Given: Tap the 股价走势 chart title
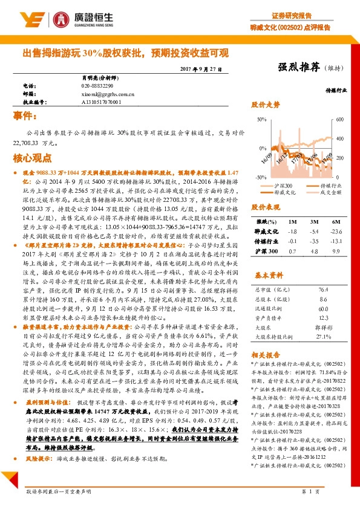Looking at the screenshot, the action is coord(266,105).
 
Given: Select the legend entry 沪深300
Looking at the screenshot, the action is coord(284,185).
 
